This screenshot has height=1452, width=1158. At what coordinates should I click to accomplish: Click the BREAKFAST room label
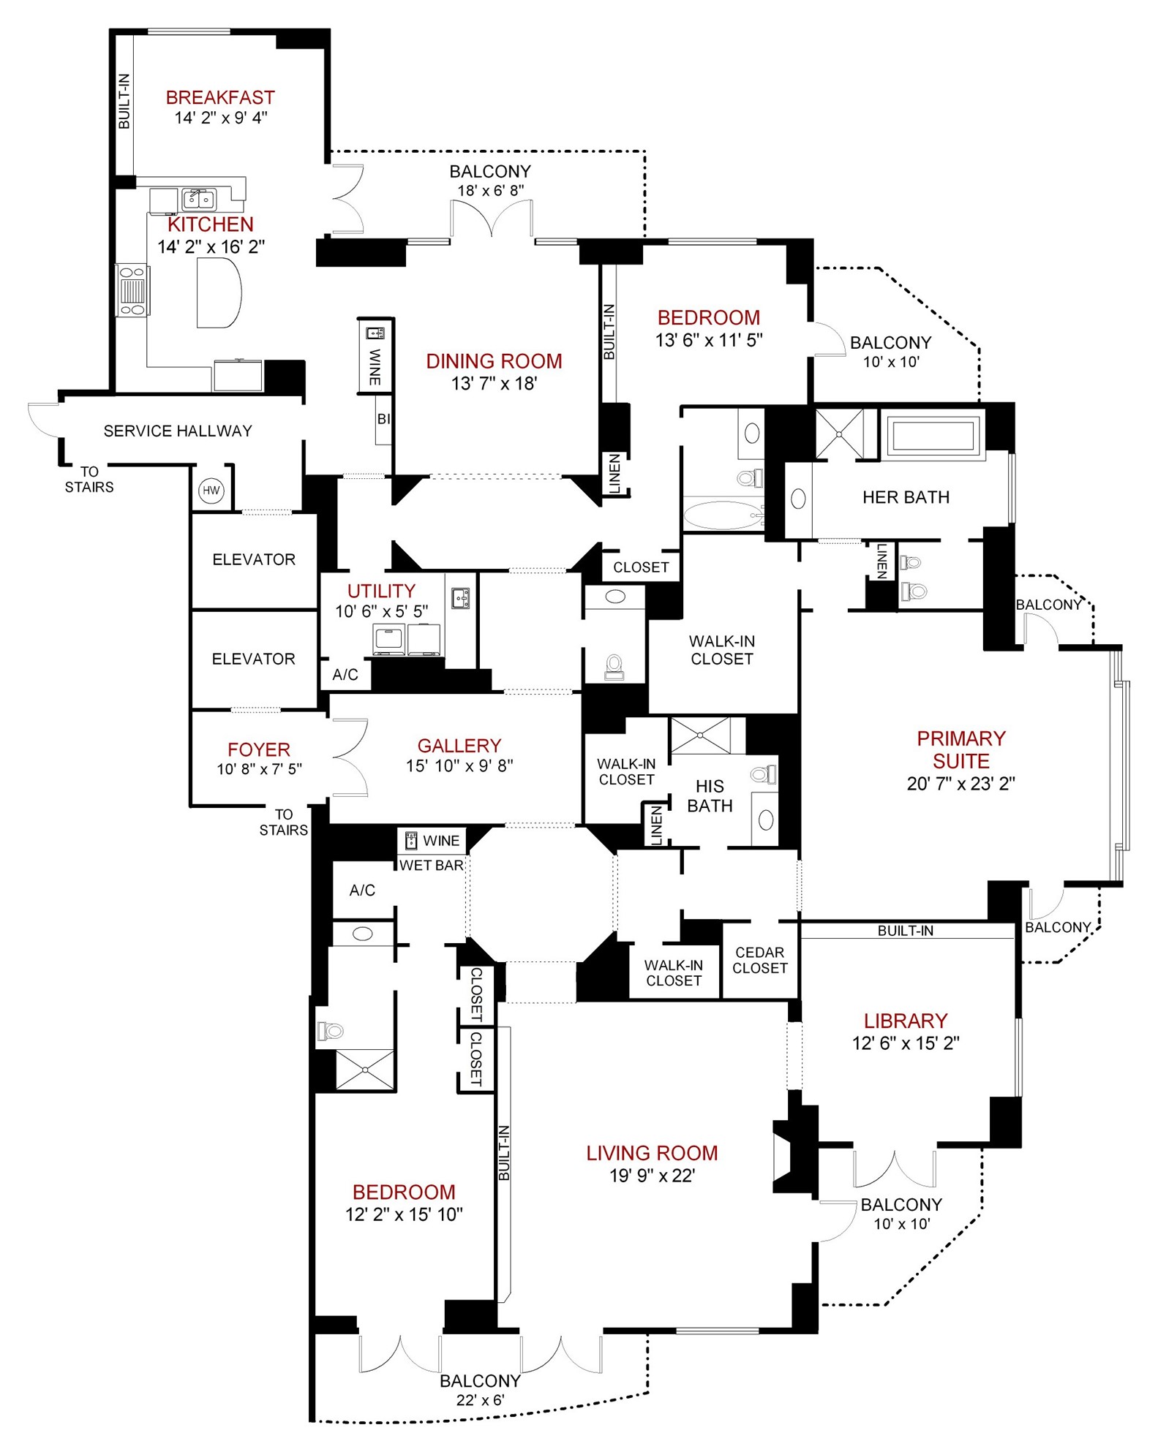pos(220,97)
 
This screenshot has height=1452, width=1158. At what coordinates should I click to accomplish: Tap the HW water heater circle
pos(211,491)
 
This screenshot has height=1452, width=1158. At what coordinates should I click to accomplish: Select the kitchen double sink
pos(199,198)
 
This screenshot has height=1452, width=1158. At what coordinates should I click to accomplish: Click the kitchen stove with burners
pos(132,290)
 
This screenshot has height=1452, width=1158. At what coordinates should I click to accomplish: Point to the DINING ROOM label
pos(494,361)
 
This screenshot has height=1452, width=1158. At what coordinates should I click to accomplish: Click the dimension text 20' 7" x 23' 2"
pos(960,784)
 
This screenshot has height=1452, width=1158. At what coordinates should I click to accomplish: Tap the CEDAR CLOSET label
pos(760,960)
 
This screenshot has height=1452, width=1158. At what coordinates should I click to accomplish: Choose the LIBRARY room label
pos(906,1021)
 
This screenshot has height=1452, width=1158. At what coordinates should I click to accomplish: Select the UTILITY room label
pos(381,591)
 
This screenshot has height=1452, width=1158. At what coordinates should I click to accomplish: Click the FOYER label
pos(259,749)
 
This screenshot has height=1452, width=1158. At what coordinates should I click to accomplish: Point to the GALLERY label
pos(459,746)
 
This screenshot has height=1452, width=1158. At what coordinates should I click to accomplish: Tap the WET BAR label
pos(432,866)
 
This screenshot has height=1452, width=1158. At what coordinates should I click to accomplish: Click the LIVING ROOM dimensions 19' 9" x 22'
pos(652,1176)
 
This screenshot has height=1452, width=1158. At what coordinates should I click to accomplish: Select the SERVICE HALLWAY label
pos(178,431)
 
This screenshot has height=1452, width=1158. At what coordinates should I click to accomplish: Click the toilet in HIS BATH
pos(764,774)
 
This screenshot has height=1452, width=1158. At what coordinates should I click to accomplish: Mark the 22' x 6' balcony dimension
pos(480,1400)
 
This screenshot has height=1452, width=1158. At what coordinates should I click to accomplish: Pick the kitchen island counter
pos(219,293)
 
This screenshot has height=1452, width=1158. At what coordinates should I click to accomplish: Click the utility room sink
pos(460,598)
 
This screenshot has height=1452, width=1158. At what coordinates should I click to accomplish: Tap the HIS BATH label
pos(710,796)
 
